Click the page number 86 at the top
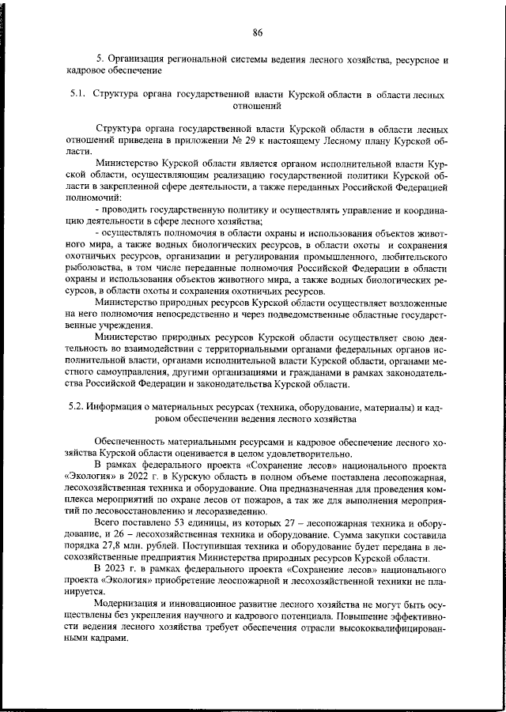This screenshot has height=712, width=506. (x=257, y=32)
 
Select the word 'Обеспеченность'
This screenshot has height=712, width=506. (x=133, y=442)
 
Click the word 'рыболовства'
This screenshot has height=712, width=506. (x=97, y=268)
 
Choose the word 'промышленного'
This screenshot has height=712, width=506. (x=329, y=257)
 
